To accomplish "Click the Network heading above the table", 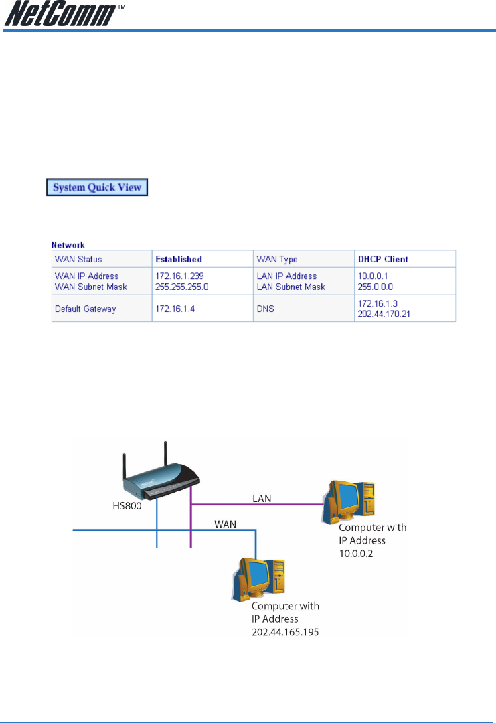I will [x=68, y=246].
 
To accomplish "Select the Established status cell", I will [x=179, y=259].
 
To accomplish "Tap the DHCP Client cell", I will [x=384, y=259].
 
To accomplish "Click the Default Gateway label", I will [x=85, y=309].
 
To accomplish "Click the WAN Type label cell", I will [x=276, y=259].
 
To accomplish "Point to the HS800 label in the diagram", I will [x=127, y=508].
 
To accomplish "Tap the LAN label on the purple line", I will [x=262, y=499].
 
